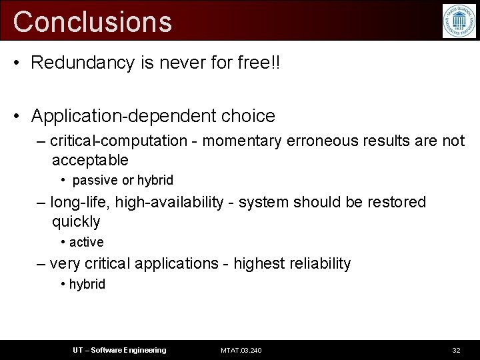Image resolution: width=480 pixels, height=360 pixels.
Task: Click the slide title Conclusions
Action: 92,21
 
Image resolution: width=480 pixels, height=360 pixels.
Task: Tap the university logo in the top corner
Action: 459,21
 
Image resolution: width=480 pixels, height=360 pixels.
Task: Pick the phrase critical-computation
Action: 119,141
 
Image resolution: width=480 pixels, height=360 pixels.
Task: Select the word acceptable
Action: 90,160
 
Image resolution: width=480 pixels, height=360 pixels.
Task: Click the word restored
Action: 394,202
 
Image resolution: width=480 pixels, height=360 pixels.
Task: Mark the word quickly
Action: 76,221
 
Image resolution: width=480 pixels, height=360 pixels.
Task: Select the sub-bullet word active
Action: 87,242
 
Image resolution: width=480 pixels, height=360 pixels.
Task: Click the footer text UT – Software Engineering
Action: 119,350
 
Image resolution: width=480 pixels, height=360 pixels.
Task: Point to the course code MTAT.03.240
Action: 241,350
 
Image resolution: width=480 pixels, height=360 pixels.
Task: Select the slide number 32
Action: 457,350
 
